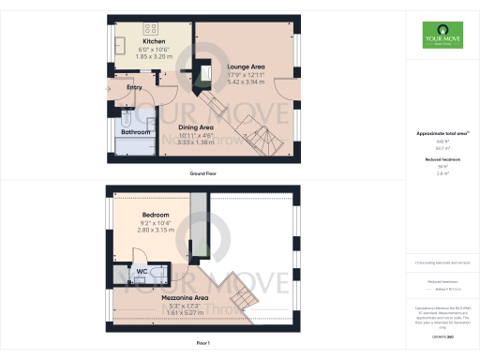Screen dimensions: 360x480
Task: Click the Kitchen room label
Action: [x=155, y=42]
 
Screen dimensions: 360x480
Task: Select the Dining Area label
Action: [x=196, y=127]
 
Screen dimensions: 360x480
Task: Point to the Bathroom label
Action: [x=136, y=132]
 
